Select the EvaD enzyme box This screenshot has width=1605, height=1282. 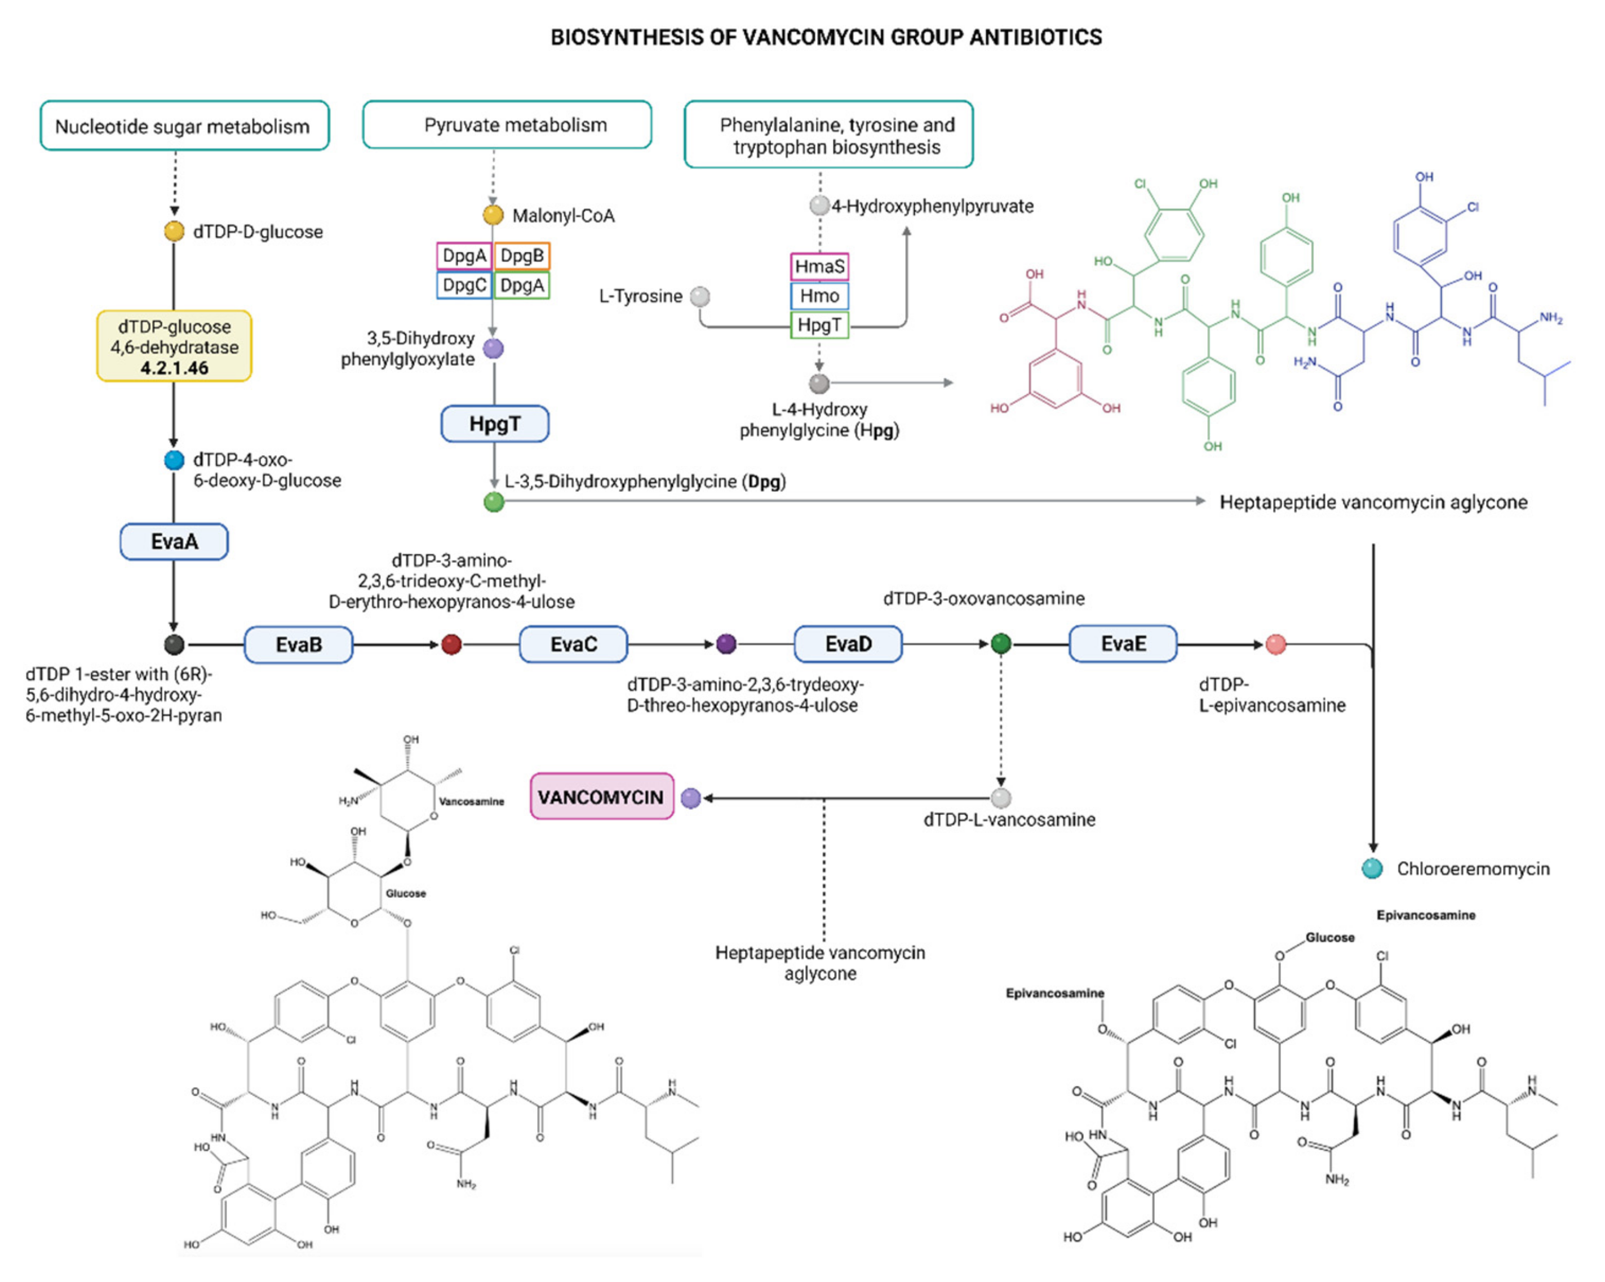[848, 644]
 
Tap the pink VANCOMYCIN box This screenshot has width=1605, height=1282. [601, 797]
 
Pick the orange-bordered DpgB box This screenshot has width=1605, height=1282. [522, 256]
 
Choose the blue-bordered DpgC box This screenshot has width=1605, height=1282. [464, 286]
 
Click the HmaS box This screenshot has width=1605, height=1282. [819, 266]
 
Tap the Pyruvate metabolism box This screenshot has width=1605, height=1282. [507, 125]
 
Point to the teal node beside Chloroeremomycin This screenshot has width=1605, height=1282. [1372, 869]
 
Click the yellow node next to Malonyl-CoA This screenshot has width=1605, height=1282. [493, 215]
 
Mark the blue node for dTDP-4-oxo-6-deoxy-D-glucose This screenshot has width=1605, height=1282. [174, 460]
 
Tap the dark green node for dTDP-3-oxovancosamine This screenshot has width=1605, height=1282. [1001, 644]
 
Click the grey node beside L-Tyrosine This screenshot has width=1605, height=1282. [700, 296]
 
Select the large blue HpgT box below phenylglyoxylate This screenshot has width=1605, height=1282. [495, 424]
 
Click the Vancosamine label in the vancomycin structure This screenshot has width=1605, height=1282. [471, 802]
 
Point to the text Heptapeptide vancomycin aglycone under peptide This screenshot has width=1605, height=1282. [1373, 502]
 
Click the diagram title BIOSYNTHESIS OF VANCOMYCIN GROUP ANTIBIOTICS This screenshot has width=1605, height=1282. [826, 37]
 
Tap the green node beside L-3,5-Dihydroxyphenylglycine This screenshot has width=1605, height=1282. [494, 502]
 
